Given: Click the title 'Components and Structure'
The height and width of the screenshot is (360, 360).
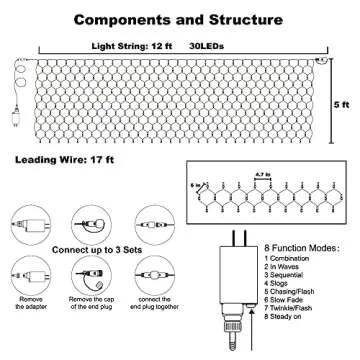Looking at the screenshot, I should [180, 18].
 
